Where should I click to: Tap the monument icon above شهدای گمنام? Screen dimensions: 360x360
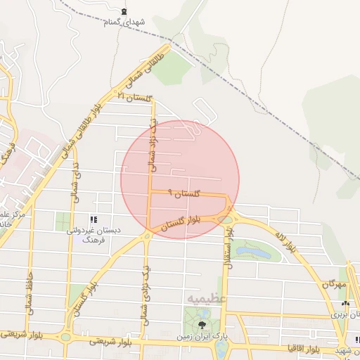(124, 11)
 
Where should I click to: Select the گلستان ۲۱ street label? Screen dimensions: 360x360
(136, 96)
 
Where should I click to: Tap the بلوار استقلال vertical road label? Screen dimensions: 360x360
(228, 256)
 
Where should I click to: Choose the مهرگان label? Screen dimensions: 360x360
(335, 285)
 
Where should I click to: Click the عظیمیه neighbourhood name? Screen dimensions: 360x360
(206, 299)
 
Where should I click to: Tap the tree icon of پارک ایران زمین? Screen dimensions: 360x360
(202, 324)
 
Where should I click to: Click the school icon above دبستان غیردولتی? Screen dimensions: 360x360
(95, 219)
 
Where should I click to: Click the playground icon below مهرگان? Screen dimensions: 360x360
(345, 304)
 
